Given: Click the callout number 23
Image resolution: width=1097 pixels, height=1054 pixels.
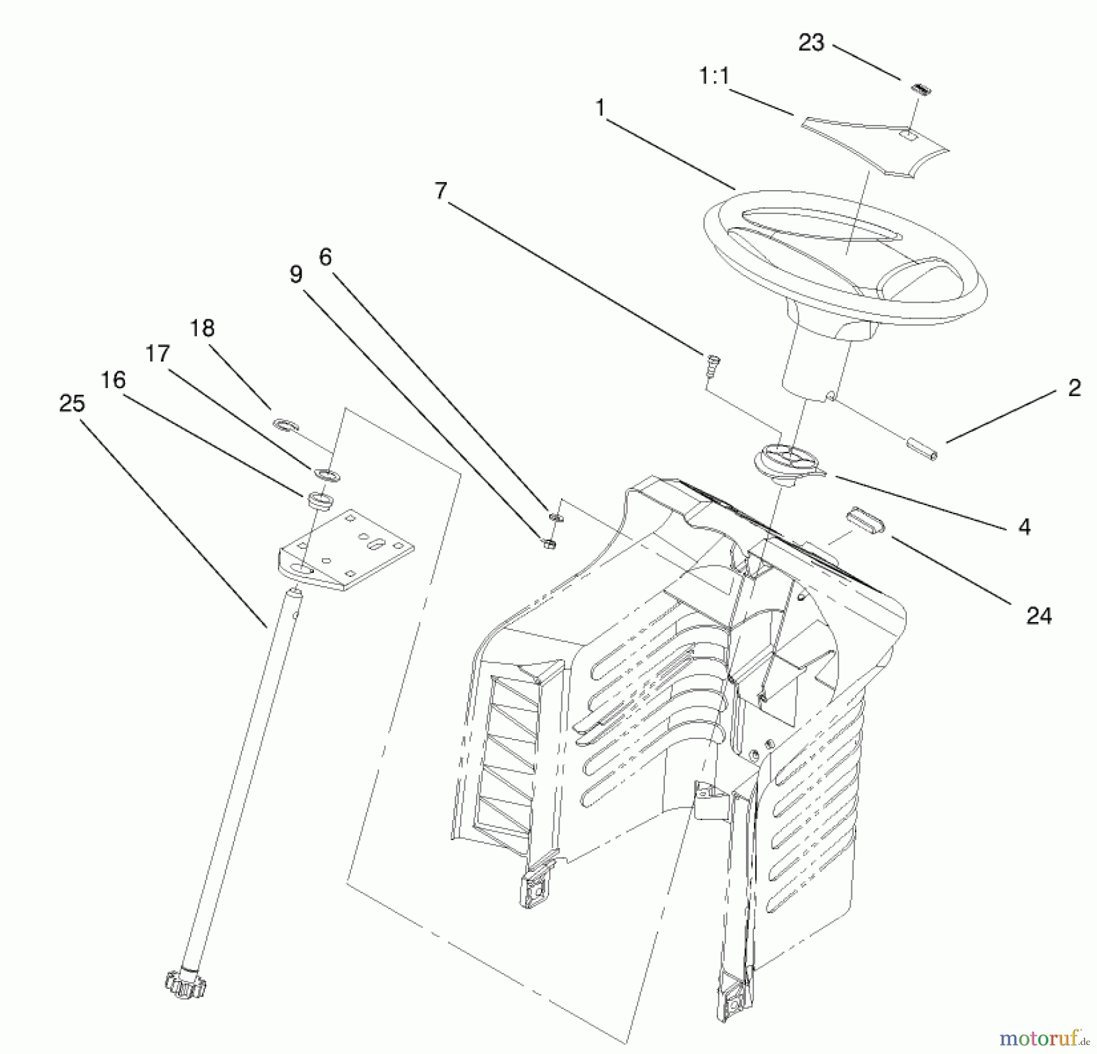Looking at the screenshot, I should (x=811, y=43).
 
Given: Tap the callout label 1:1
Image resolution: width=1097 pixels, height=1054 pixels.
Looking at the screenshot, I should (x=714, y=77).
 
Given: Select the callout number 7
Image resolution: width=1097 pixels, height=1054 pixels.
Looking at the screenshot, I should (x=441, y=191).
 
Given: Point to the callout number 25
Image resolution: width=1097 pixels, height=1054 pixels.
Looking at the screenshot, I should (x=72, y=403).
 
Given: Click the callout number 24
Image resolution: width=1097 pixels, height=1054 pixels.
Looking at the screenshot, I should (x=1038, y=617).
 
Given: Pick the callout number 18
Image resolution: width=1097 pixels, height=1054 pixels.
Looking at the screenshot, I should (x=202, y=329).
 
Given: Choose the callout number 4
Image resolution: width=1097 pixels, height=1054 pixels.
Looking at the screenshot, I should (x=1024, y=527).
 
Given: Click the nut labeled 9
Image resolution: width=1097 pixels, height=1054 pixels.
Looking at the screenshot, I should (x=547, y=542).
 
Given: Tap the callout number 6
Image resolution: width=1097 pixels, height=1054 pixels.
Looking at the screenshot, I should (x=325, y=257).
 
